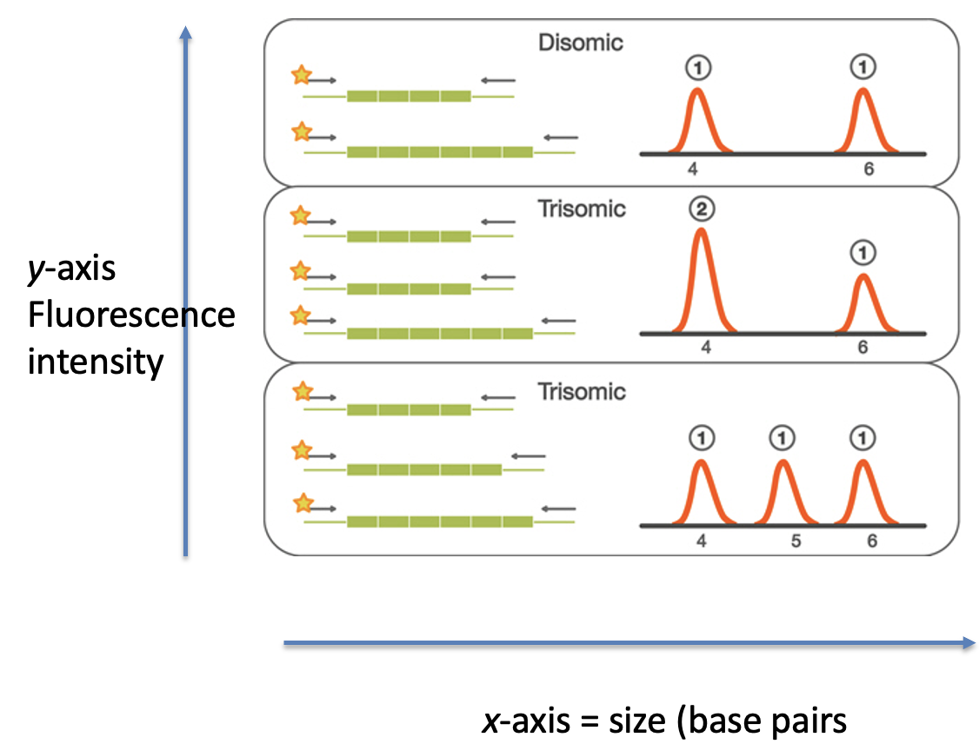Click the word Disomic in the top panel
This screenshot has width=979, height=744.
pos(581,42)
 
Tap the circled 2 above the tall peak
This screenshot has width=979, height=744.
pos(701,209)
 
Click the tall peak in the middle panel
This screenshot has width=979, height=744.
pos(702,278)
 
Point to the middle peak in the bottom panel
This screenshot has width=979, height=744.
pos(783,491)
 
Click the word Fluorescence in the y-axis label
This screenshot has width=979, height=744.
pos(131,315)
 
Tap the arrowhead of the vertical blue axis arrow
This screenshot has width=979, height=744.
pos(184,33)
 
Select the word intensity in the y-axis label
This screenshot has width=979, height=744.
pos(96,360)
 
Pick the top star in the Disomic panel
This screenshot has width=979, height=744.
pos(301,75)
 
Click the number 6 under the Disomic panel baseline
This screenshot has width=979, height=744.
pos(869,169)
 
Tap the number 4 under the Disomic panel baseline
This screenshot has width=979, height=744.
pos(692,169)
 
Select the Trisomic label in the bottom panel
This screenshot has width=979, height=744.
pos(581,391)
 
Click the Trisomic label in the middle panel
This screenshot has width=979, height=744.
pos(581,209)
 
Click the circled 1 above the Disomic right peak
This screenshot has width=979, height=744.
pos(862,67)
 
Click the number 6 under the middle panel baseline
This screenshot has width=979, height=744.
pos(862,348)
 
